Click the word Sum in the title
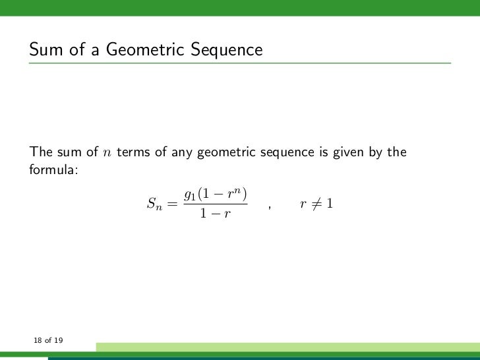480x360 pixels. point(43,50)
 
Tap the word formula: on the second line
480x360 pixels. point(53,170)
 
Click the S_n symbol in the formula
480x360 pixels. point(153,205)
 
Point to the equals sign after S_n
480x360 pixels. point(172,205)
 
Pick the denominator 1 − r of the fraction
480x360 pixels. point(216,214)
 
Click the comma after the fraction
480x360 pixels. point(270,208)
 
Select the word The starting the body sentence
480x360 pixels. point(40,153)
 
